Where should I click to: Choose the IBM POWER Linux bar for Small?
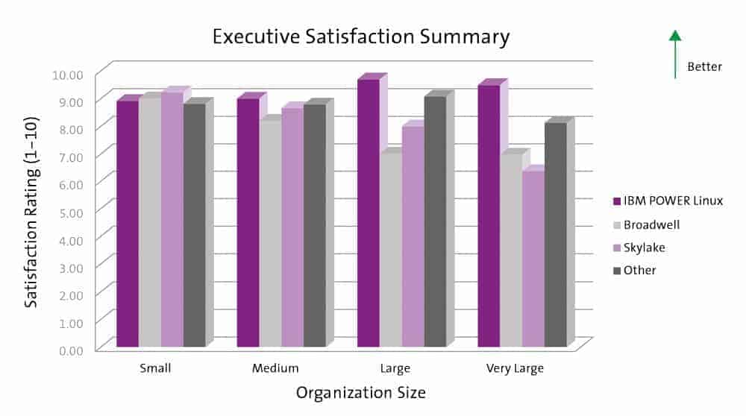tap(128, 224)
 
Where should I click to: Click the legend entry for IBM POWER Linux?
tap(667, 201)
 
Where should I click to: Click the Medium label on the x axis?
tap(275, 368)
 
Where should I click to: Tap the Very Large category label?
tap(515, 368)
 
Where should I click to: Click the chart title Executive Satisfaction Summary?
tap(361, 37)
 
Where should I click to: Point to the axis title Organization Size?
tap(361, 392)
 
